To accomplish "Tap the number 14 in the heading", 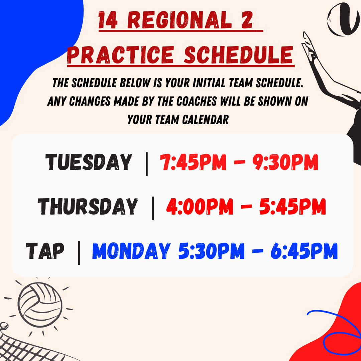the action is click(108, 20).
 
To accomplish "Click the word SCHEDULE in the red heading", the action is click(239, 55).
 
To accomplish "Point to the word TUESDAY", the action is click(89, 162).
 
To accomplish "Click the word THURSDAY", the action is click(88, 207).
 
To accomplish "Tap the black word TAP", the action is click(45, 251).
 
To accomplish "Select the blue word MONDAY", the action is click(131, 251).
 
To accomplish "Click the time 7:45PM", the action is click(193, 162).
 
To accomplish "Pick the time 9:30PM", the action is click(285, 162).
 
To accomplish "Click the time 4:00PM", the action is click(200, 207).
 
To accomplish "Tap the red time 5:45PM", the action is click(292, 207).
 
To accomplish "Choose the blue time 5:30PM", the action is click(211, 251).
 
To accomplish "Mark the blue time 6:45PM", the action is click(304, 251).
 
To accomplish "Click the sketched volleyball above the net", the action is click(40, 305).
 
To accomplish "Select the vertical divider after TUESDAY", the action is click(147, 164).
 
